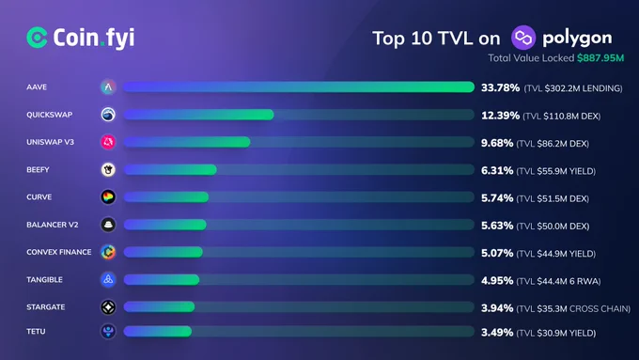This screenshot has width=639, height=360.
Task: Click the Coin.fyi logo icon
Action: [x=37, y=38]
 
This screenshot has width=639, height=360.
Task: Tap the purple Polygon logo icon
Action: [x=523, y=38]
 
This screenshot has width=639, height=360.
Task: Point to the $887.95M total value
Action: [x=600, y=58]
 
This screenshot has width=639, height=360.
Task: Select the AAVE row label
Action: [x=37, y=86]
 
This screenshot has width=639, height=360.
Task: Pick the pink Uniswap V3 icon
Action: [x=108, y=142]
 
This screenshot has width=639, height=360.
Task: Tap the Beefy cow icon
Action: [x=108, y=169]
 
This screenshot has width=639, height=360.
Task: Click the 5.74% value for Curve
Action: [x=497, y=198]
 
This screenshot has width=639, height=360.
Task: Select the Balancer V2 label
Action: [x=53, y=225]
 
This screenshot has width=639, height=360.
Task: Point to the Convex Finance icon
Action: [x=108, y=252]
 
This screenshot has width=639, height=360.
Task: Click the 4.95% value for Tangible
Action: [x=497, y=281]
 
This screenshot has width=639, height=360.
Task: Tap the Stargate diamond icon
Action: [x=108, y=307]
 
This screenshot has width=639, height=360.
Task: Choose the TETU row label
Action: [x=36, y=332]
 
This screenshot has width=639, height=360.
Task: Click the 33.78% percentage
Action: [x=501, y=87]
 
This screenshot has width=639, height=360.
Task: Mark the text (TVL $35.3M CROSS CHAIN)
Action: [x=573, y=308]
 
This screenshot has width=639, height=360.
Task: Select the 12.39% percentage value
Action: [x=501, y=116]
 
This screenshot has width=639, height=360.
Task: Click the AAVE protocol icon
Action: [x=108, y=86]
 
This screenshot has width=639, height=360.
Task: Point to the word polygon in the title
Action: [x=577, y=39]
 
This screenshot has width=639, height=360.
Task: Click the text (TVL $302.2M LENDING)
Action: [x=573, y=88]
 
